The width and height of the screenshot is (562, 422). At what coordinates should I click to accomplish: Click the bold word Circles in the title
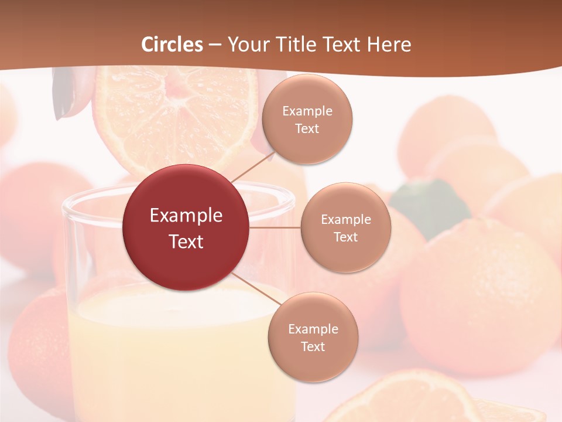click(x=172, y=45)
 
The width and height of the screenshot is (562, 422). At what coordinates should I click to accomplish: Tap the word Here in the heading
click(x=389, y=45)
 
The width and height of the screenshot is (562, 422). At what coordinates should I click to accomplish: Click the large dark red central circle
click(x=186, y=227)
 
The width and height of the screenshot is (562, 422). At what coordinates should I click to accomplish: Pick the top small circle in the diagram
click(x=307, y=119)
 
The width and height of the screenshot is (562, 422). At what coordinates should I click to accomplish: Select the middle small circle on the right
click(x=345, y=227)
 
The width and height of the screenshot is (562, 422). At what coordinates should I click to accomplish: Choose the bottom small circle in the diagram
click(x=313, y=337)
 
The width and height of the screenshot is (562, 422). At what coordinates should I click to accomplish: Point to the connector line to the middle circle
click(x=275, y=227)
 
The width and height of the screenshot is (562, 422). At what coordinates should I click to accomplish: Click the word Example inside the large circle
click(x=186, y=216)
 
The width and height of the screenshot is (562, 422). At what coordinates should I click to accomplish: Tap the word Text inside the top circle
click(x=307, y=128)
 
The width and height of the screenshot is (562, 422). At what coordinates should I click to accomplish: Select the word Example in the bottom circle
click(x=313, y=329)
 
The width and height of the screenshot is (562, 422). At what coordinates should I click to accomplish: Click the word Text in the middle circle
click(x=345, y=237)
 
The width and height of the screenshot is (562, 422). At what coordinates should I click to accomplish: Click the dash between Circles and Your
click(x=215, y=45)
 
